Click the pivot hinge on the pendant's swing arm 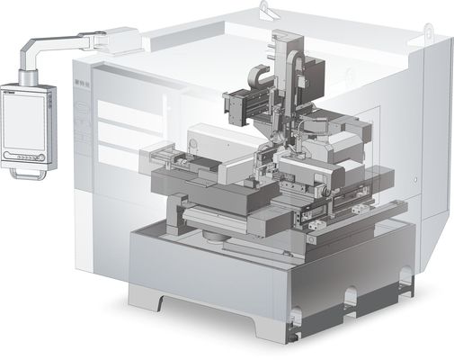(x=89, y=37)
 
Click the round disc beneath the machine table (x=215, y=235)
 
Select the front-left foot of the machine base (x=143, y=295)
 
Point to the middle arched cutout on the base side (x=348, y=296)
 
